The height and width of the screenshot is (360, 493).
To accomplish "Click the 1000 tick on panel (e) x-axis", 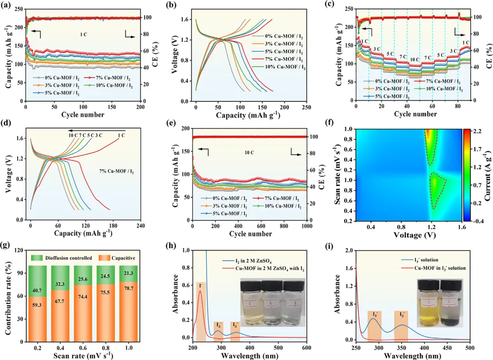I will point(306,226).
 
